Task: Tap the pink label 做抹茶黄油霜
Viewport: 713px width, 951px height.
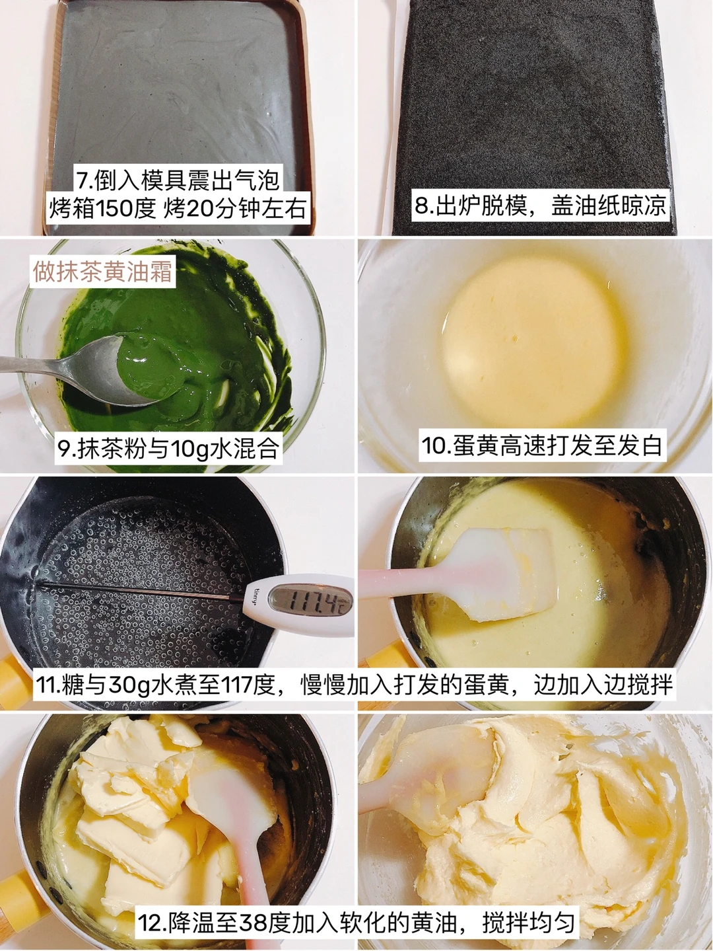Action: [103, 272]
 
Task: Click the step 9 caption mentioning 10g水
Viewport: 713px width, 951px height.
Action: [168, 448]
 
